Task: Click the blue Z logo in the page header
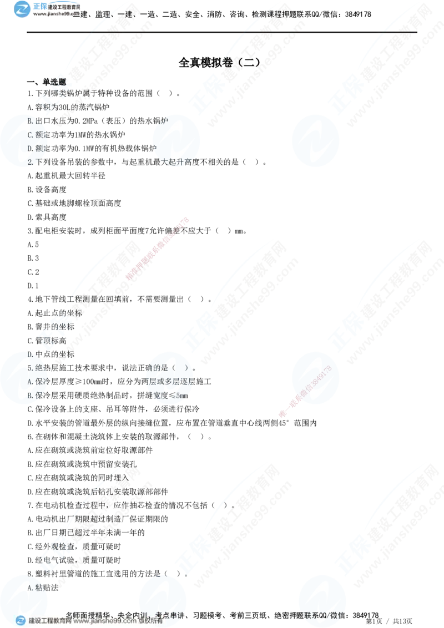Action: (x=22, y=9)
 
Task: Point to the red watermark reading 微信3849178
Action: (x=307, y=391)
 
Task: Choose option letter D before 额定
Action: (x=30, y=149)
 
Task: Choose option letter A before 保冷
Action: (x=30, y=382)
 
